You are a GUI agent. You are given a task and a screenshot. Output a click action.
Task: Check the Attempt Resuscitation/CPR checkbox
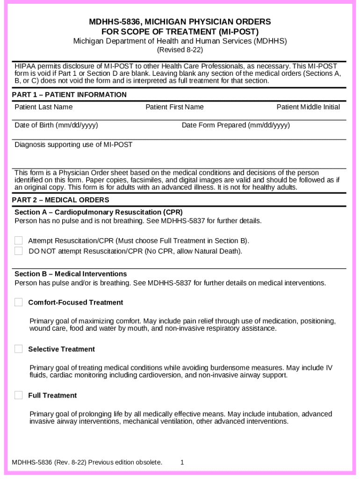tap(18, 240)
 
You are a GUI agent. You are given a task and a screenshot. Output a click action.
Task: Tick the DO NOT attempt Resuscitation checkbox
tap(18, 251)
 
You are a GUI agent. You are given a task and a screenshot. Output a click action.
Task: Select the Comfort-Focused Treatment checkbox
tap(18, 302)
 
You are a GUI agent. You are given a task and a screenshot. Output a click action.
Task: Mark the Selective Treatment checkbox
tap(18, 349)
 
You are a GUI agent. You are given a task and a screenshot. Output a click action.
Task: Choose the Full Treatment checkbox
tap(18, 395)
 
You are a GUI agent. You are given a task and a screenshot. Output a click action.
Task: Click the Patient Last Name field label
tap(43, 107)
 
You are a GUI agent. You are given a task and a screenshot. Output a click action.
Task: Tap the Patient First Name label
tap(174, 107)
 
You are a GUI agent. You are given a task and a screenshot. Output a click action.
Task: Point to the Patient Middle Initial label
tap(308, 107)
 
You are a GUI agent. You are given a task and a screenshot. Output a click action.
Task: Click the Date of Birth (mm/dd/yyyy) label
tap(56, 125)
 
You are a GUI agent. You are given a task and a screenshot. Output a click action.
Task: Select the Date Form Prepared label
tap(236, 125)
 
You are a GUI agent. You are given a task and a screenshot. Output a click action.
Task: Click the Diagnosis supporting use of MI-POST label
tap(73, 145)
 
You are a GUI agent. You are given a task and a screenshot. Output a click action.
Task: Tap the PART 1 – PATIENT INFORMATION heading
tap(69, 95)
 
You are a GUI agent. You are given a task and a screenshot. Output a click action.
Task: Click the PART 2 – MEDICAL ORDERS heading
tap(60, 200)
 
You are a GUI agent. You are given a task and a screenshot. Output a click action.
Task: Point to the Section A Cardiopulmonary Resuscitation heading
tap(98, 212)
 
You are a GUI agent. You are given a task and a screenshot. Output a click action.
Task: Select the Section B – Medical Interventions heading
tap(71, 274)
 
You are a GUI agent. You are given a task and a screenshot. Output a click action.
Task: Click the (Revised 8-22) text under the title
tap(180, 50)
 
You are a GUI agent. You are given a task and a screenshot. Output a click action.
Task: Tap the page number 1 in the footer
tap(182, 463)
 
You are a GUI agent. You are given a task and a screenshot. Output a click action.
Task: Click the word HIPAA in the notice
tap(25, 66)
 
